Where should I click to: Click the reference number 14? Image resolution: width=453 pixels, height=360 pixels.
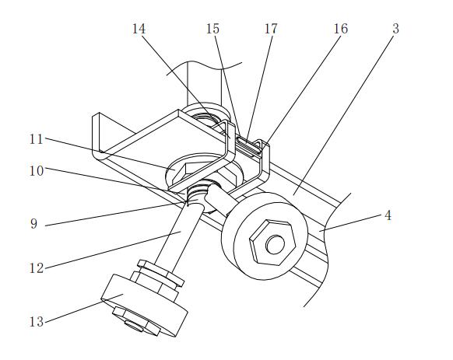(x=139, y=29)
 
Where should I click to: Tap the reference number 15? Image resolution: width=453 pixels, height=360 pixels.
(x=212, y=29)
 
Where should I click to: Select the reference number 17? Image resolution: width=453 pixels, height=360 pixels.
(x=271, y=29)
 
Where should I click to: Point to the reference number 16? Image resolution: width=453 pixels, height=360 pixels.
(x=341, y=29)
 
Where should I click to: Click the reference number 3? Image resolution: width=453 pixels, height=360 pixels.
(x=396, y=29)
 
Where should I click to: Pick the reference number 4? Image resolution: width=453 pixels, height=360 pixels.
(x=388, y=215)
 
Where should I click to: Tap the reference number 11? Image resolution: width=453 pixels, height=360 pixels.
(x=37, y=139)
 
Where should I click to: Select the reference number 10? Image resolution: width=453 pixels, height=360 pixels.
(x=37, y=171)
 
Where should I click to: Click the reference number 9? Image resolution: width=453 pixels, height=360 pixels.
(x=33, y=224)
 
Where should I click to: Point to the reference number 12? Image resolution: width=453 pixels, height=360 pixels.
(x=37, y=268)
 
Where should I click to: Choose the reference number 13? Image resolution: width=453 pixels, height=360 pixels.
(x=37, y=322)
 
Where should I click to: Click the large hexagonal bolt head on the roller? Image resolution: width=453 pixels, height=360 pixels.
(x=272, y=243)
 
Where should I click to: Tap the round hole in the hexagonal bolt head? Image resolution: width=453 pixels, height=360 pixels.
(x=275, y=245)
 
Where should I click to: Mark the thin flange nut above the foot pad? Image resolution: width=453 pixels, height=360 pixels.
(x=160, y=273)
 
